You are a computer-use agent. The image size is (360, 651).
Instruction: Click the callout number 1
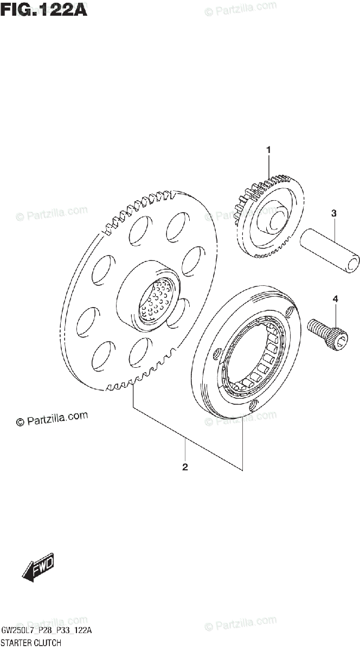tap(267, 149)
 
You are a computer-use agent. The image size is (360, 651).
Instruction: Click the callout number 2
tap(185, 467)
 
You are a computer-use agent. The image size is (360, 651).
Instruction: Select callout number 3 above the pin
tap(334, 214)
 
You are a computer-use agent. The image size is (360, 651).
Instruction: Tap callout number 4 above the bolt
tap(335, 299)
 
